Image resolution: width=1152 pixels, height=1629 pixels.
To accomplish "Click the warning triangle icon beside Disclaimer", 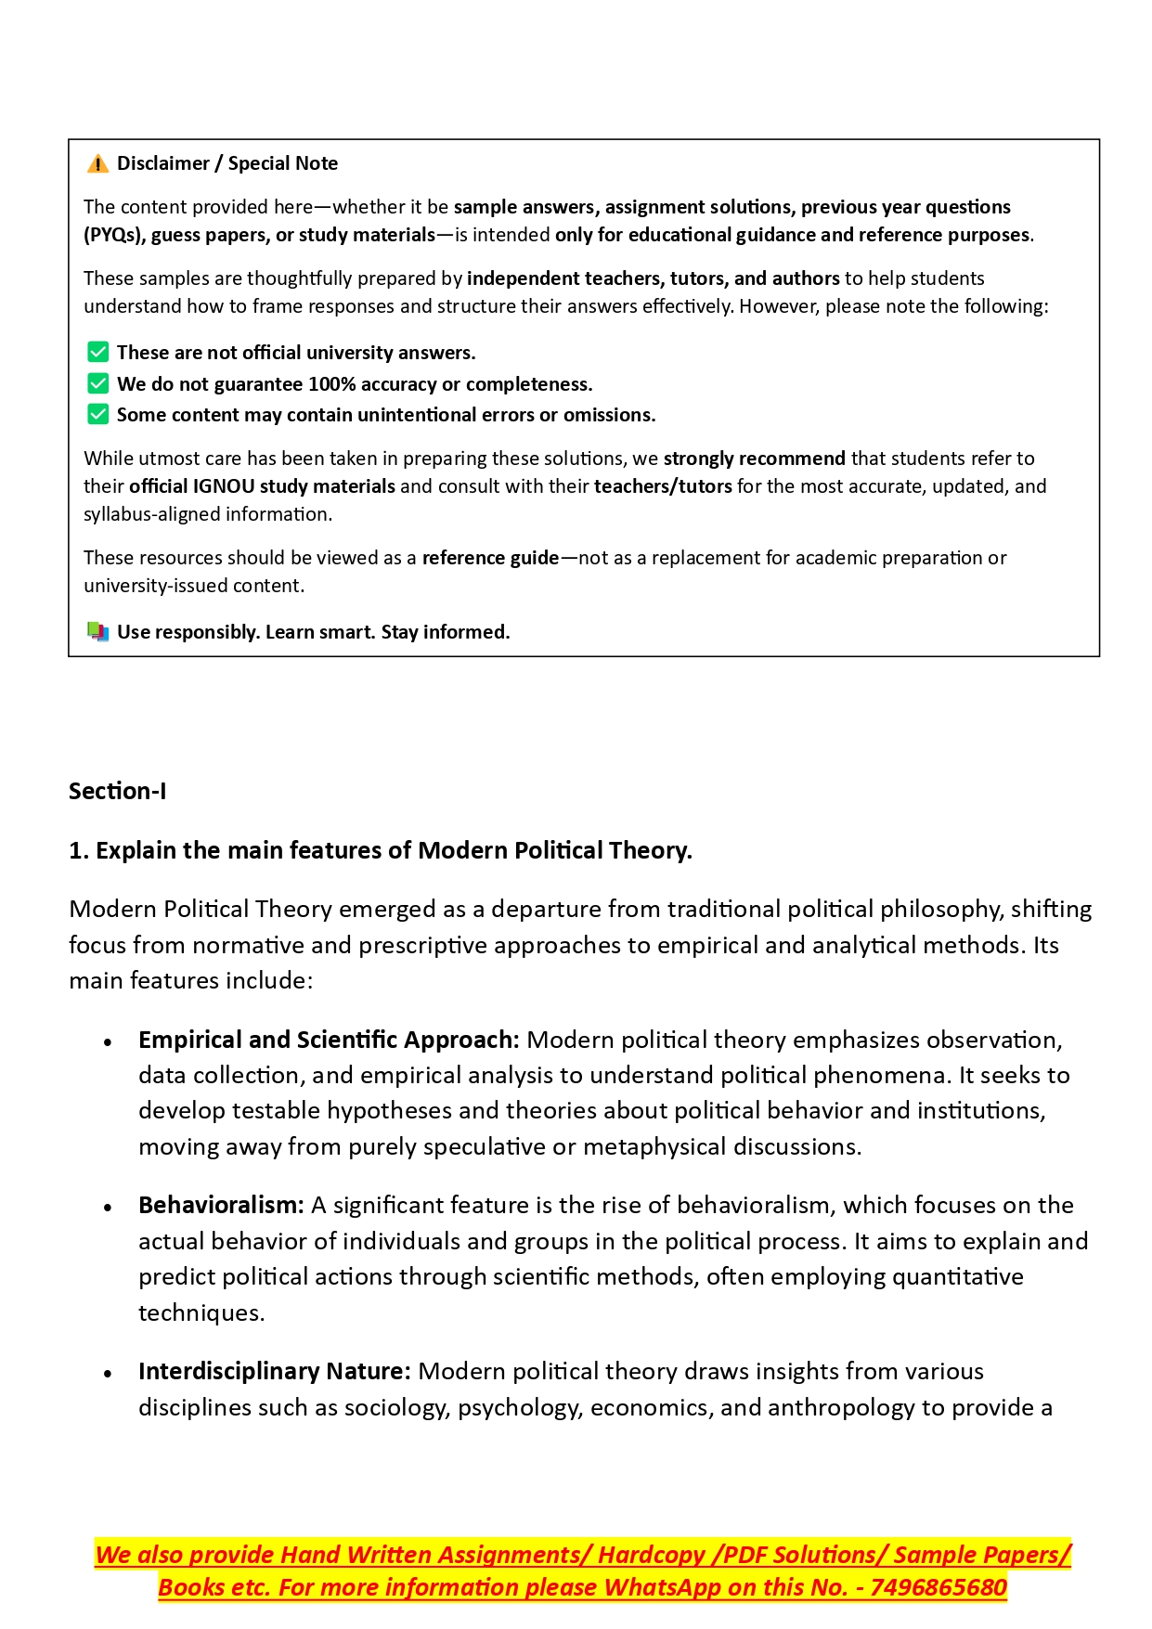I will click(97, 164).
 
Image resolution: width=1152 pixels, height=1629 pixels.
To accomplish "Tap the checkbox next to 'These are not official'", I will click(97, 353).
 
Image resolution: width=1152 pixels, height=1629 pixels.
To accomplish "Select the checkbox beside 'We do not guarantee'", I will click(97, 384).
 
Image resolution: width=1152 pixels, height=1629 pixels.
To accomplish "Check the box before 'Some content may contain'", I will click(97, 415).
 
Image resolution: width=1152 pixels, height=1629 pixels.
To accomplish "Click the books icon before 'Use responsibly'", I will click(97, 632).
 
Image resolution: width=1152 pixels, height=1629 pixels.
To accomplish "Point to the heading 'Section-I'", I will click(118, 792).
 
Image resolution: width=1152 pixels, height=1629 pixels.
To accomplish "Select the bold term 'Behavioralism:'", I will click(221, 1206).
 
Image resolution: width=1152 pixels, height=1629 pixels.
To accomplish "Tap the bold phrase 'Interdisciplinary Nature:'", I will click(274, 1372).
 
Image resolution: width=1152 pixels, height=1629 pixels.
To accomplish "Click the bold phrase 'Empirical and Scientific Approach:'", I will click(329, 1041).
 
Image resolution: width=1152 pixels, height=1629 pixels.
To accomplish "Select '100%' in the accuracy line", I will click(331, 384).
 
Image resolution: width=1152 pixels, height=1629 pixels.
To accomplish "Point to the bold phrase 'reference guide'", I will click(490, 558).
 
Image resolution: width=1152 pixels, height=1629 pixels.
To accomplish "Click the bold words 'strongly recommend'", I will click(754, 459).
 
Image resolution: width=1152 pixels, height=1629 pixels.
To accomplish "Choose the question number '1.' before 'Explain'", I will click(79, 851).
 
